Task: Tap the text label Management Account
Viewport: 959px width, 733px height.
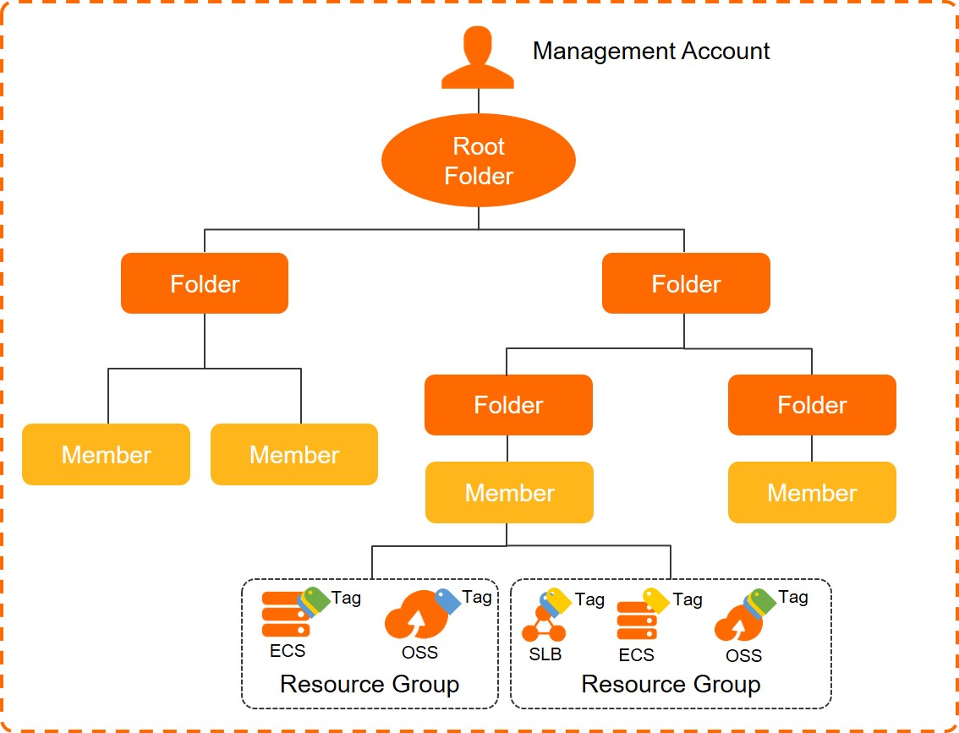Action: coord(650,51)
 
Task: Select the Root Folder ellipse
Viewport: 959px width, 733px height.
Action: coord(479,161)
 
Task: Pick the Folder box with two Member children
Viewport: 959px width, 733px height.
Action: coord(205,283)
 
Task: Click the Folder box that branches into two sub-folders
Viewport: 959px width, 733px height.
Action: coord(686,283)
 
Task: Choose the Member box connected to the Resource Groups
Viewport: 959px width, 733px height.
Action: coord(509,492)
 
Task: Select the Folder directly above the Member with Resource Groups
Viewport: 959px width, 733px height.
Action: coord(508,405)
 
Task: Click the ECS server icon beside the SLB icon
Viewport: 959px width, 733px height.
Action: coord(637,622)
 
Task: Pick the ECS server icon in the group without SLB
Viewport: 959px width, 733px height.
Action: coord(286,615)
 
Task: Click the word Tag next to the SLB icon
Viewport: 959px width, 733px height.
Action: coord(589,599)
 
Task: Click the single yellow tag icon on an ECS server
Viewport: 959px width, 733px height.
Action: coord(655,600)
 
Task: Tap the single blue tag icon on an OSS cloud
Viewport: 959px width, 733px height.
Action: coord(447,601)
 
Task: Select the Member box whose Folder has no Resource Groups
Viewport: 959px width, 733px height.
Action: coord(812,492)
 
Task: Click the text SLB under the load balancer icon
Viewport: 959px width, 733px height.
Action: coord(545,654)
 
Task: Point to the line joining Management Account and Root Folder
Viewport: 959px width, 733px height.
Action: coord(479,101)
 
